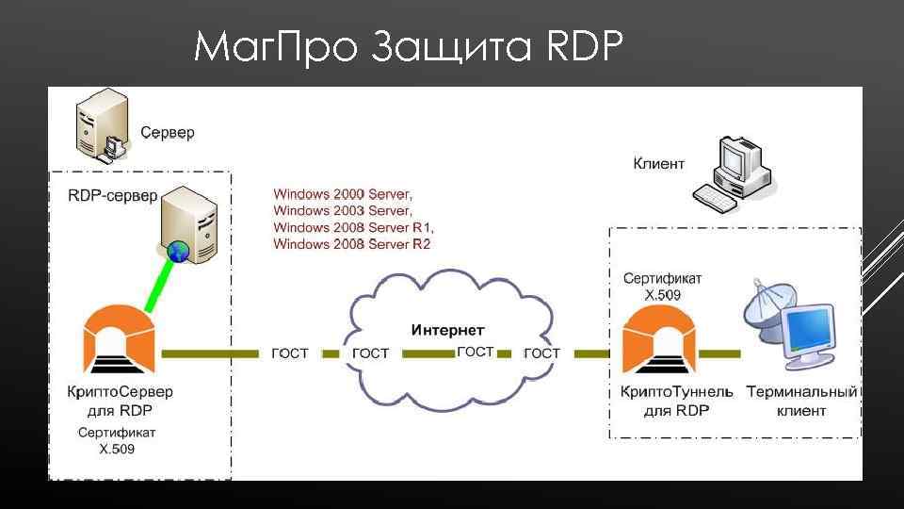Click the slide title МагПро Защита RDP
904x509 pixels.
coord(408,46)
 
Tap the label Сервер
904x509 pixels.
coord(168,133)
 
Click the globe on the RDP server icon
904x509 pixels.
coord(178,252)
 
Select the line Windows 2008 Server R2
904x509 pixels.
coord(351,244)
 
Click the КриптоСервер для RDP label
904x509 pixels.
coord(120,401)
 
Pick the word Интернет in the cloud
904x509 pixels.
coord(448,330)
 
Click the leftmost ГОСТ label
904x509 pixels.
coord(290,353)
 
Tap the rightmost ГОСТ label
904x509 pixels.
coord(541,353)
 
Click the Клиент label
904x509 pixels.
coord(659,163)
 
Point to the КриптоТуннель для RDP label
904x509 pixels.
coord(676,401)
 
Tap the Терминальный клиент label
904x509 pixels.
coord(801,401)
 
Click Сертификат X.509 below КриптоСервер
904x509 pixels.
coord(117,441)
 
